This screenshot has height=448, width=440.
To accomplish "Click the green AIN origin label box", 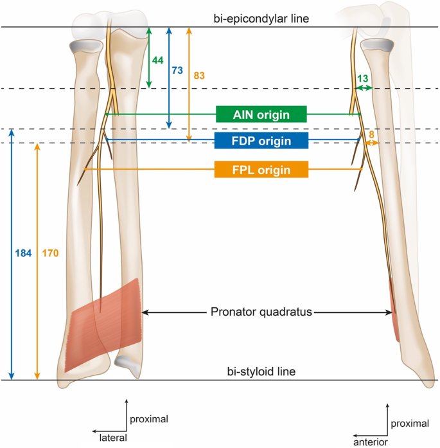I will click(261, 114).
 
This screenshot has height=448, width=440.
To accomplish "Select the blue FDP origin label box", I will click(261, 141).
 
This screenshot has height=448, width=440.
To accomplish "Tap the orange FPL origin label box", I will click(261, 170).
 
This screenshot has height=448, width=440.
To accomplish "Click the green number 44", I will click(157, 59).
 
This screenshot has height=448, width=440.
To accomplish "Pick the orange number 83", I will click(198, 75).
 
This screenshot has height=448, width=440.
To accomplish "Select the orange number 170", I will click(50, 253).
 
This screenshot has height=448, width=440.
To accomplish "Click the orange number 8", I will click(371, 134).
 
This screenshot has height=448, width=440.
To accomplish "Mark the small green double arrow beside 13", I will click(365, 89).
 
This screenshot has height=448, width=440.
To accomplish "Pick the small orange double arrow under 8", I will click(371, 144).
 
